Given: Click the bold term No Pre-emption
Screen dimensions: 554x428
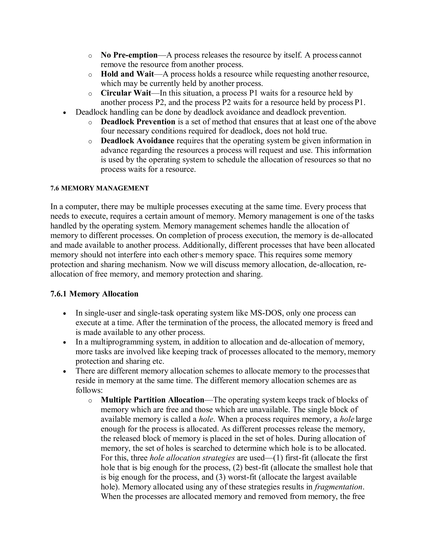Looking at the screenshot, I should click(x=129, y=55).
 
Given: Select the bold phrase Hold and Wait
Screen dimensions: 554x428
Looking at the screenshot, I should click(x=127, y=74).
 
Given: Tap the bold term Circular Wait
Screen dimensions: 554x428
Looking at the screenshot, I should click(x=126, y=93).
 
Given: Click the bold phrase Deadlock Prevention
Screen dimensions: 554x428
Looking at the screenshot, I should click(x=138, y=122).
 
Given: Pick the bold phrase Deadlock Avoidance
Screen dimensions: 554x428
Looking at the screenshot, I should click(x=138, y=141).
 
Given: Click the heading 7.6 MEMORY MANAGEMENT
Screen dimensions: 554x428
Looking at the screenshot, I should click(x=100, y=188).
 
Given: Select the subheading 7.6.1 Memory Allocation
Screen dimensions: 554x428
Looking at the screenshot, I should click(x=94, y=294).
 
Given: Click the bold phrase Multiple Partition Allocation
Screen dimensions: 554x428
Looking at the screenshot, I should click(x=152, y=400).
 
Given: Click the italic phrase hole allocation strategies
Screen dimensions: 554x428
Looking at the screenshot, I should click(x=192, y=458).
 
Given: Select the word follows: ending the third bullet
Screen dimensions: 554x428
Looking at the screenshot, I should click(x=89, y=390).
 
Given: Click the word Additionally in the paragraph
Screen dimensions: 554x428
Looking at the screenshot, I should click(x=202, y=245).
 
